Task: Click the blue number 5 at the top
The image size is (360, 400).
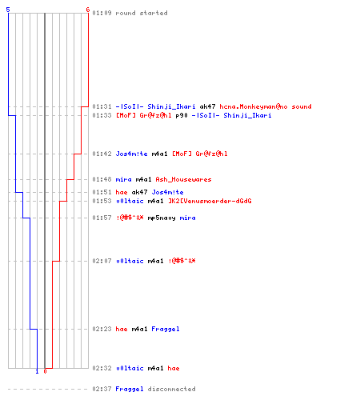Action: (x=8, y=10)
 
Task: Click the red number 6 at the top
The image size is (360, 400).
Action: (x=88, y=10)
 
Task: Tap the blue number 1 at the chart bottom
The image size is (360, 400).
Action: (x=37, y=371)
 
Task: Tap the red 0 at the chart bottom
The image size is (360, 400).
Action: (x=45, y=371)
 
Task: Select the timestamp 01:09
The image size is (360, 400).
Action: (x=102, y=13)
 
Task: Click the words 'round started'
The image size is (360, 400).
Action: (x=142, y=13)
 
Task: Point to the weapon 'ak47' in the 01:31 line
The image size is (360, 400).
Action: (x=207, y=106)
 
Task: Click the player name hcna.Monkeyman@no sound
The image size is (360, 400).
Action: (x=266, y=106)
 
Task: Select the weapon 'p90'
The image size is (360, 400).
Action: (x=182, y=115)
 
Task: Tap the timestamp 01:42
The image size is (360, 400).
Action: (x=102, y=154)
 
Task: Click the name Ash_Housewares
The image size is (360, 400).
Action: (x=183, y=179)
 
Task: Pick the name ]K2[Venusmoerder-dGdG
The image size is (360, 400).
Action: (x=210, y=201)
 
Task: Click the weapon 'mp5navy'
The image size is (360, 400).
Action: (x=162, y=218)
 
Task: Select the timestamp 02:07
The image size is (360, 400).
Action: (x=102, y=261)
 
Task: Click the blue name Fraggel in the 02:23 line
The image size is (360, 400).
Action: (x=166, y=329)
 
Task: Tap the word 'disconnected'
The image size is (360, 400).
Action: (x=171, y=389)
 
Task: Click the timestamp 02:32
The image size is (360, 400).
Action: (x=102, y=368)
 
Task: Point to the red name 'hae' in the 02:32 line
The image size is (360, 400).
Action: (x=174, y=368)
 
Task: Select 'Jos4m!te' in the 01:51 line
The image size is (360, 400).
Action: (x=167, y=192)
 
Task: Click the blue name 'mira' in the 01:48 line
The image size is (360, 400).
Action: (x=123, y=179)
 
